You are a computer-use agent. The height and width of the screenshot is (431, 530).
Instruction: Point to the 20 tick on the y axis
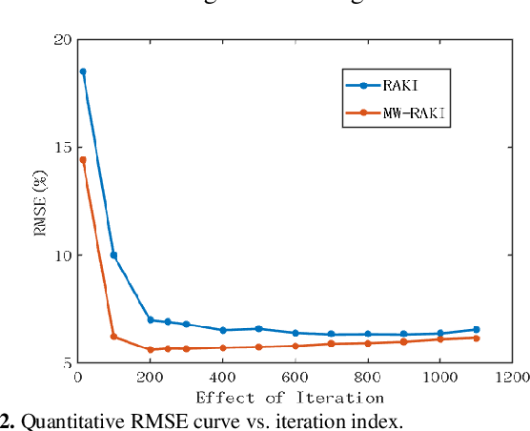(x=63, y=40)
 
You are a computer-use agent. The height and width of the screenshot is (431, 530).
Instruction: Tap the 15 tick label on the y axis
(x=63, y=148)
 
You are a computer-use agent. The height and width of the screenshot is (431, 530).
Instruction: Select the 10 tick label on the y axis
(x=63, y=256)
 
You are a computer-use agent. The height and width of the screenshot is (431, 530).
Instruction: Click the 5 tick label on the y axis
(x=68, y=363)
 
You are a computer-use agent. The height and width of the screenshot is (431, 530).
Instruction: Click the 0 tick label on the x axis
(x=78, y=377)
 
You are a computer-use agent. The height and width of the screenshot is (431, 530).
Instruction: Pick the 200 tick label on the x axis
(x=150, y=377)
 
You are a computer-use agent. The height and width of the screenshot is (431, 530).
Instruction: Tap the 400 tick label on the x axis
(x=222, y=377)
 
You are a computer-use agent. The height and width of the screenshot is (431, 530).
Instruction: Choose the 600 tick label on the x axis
(x=295, y=377)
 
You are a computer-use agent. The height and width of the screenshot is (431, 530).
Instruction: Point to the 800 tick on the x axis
(x=367, y=377)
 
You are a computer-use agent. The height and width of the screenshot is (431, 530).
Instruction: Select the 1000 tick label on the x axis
(x=439, y=377)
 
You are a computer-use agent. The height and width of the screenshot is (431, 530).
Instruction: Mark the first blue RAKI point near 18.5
(x=83, y=72)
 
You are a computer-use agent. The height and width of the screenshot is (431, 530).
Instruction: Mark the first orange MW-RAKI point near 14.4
(x=83, y=160)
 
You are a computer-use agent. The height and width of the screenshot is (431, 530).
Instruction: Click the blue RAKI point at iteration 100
(x=113, y=256)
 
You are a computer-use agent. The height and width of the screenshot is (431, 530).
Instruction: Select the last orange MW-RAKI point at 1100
(x=476, y=338)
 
